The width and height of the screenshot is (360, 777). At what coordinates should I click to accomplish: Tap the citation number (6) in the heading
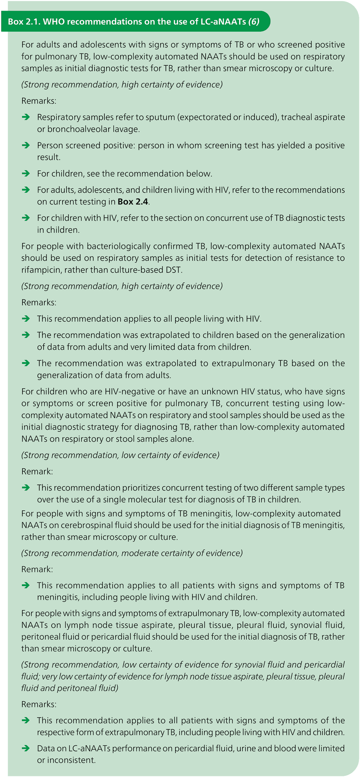point(254,22)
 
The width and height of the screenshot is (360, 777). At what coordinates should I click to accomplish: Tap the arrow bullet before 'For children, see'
point(26,173)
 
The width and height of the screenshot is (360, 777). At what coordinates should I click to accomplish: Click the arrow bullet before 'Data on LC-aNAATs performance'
point(26,748)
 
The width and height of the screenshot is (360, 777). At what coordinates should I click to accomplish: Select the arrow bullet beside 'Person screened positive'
point(26,145)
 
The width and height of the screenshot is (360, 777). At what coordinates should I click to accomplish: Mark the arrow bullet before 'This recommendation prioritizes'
point(26,488)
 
